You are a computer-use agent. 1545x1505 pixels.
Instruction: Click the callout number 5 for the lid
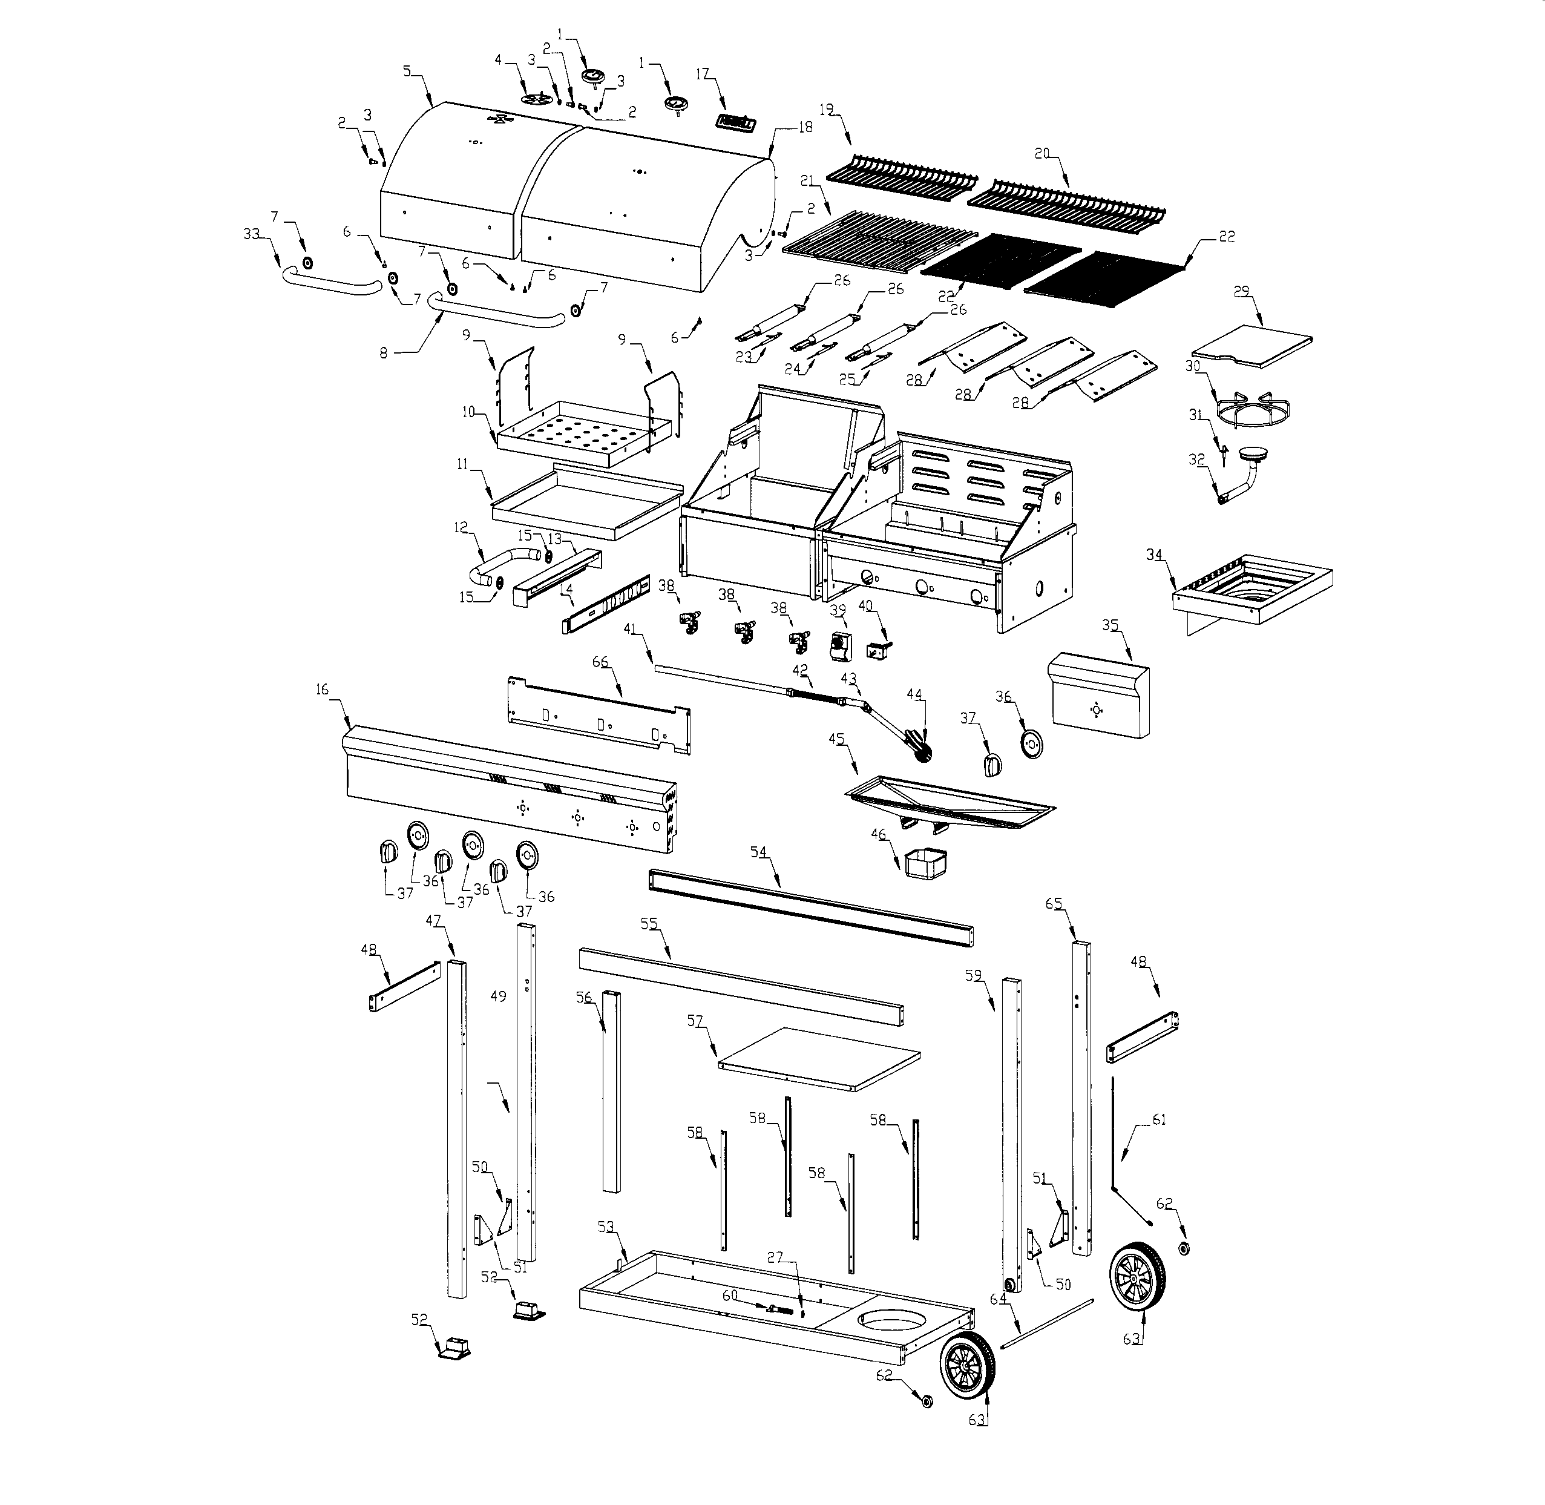pos(407,71)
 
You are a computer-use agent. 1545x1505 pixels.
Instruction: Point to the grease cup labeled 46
pos(925,864)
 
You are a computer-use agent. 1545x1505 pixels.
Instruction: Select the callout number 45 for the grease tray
pos(836,739)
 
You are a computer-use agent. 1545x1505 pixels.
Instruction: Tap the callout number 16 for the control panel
pos(321,690)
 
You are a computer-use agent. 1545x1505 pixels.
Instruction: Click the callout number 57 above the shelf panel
pos(695,1021)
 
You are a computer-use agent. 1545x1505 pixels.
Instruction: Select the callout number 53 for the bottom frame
pos(605,1227)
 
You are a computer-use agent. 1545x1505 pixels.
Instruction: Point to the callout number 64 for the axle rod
pos(998,1299)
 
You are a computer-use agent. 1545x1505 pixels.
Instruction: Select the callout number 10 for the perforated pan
pos(468,412)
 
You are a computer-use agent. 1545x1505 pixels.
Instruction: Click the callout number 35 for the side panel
pos(1110,625)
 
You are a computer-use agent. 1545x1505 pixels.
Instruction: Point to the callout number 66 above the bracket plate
pos(600,662)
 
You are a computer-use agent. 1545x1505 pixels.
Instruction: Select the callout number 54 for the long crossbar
pos(758,851)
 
